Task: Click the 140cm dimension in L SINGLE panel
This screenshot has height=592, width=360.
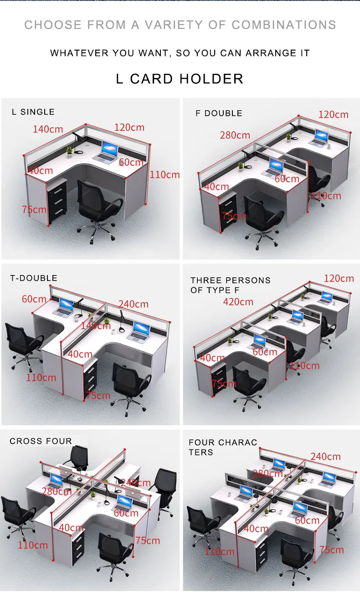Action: coord(48,129)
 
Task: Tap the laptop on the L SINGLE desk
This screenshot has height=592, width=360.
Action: coord(106,152)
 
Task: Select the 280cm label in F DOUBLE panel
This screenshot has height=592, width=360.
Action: coord(235,135)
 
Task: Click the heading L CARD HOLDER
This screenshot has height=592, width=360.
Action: coord(180,79)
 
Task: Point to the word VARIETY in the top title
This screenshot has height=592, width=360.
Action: coord(174,25)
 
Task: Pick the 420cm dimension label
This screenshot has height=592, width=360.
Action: coord(238,302)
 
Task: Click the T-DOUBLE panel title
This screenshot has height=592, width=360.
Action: coord(34,278)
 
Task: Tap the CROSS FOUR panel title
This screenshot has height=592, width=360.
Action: coord(41,441)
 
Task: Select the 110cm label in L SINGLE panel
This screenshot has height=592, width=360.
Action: coord(165,175)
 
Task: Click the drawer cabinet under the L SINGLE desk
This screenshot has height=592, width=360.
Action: coord(57,200)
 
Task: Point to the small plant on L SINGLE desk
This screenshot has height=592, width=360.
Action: coord(69,152)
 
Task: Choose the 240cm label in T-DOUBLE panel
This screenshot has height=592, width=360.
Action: coord(134,304)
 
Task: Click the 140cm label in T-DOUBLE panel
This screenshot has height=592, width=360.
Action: coord(96,326)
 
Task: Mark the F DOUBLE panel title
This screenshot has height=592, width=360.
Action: coord(219,113)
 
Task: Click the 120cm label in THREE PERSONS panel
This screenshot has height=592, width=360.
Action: coord(339,279)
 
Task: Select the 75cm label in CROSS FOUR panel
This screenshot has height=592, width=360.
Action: coord(148,541)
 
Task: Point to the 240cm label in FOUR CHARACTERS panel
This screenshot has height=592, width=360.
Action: coord(325,456)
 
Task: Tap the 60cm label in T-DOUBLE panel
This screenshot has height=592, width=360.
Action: coord(34,299)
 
